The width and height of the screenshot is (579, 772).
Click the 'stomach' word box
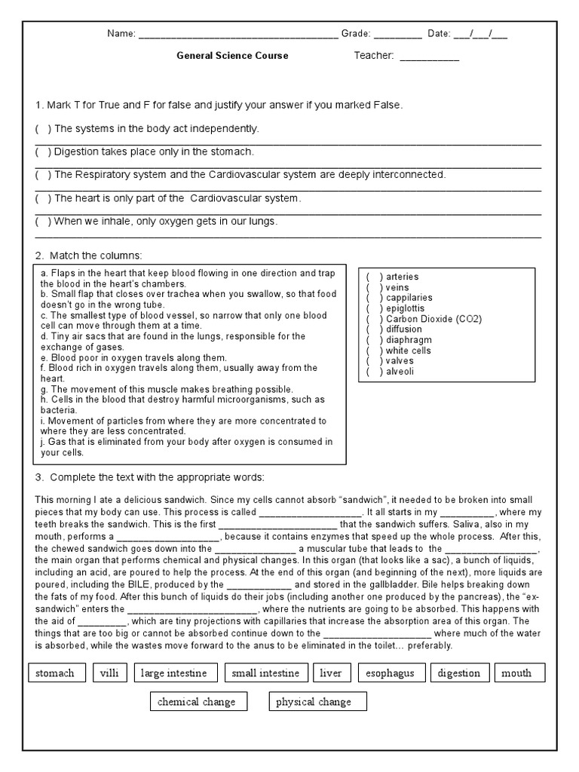click(x=55, y=673)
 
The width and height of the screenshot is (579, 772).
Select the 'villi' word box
click(x=109, y=673)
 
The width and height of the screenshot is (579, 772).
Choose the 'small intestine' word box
click(x=265, y=673)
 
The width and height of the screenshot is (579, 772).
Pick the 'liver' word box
click(x=331, y=673)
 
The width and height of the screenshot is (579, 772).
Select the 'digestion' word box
click(x=459, y=673)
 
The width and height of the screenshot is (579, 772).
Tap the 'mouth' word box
click(x=516, y=673)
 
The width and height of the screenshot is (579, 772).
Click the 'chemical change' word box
click(x=196, y=702)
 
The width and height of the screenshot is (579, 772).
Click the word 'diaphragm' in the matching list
click(x=409, y=340)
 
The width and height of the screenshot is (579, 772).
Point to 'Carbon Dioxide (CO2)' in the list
click(x=433, y=319)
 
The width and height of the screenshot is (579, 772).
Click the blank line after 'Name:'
click(x=238, y=35)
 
